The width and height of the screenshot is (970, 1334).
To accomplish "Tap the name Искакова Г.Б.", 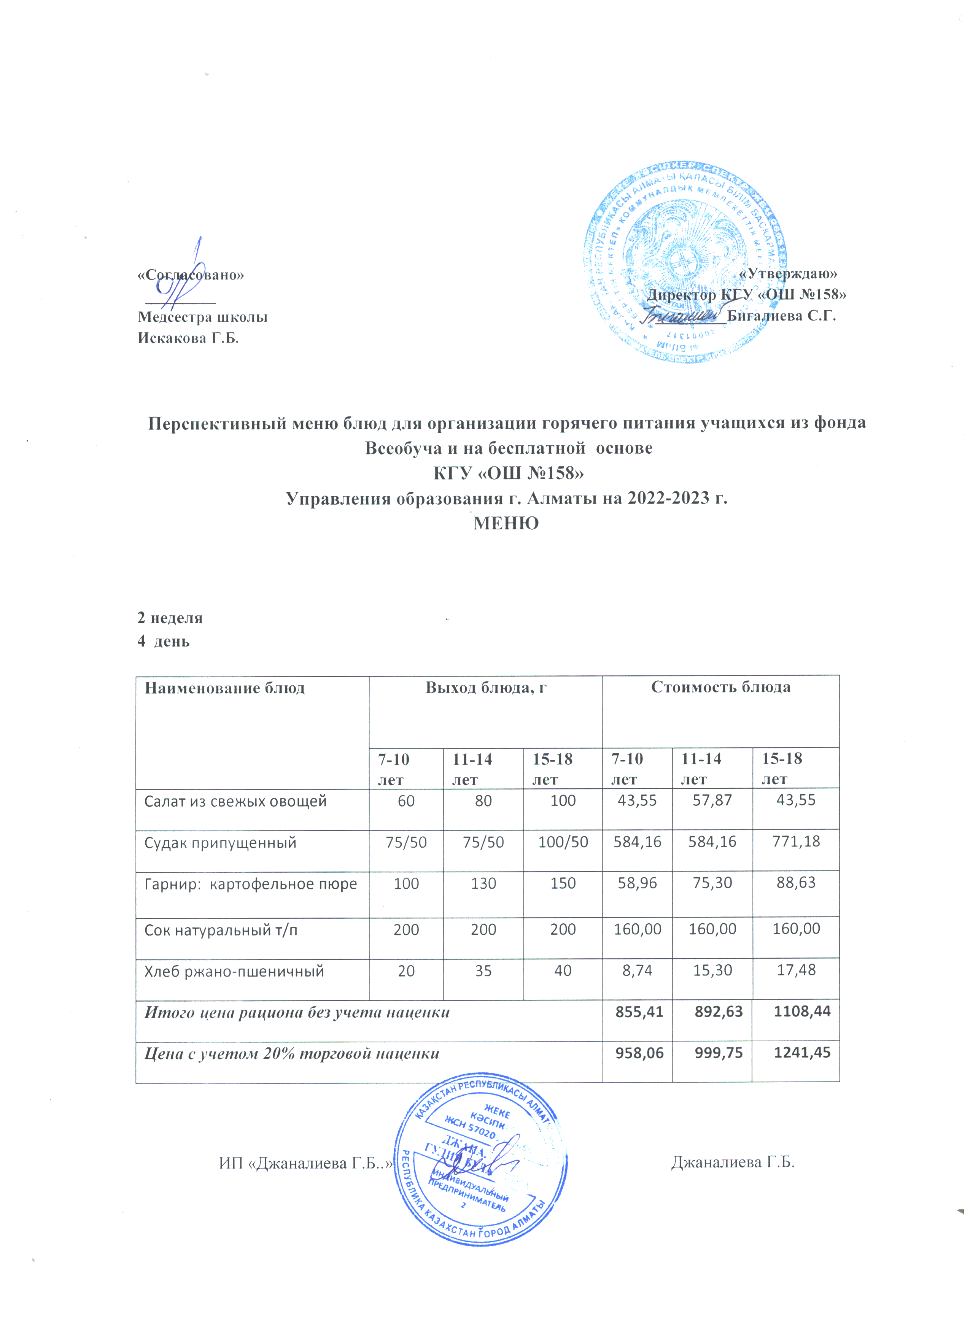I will coord(188,338).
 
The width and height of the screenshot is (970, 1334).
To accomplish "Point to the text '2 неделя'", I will coord(170,618).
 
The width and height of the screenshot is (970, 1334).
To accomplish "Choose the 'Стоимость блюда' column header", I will coord(720,687).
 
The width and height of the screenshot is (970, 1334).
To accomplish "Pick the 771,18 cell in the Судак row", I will coord(796,842).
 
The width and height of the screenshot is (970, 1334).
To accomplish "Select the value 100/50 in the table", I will coord(563,842).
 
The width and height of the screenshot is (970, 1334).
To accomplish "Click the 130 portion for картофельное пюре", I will coord(483,883).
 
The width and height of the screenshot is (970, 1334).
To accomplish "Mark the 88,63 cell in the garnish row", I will coord(796,883).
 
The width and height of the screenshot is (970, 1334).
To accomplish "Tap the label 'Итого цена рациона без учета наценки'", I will coord(297,1013).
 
